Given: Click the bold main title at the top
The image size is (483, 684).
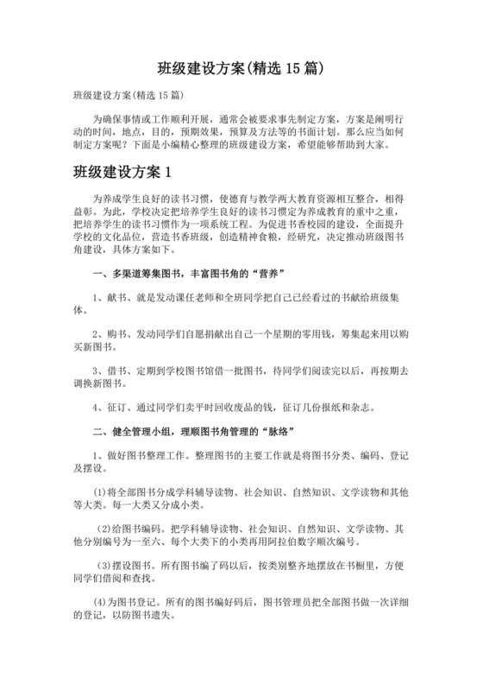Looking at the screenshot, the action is pos(241,66).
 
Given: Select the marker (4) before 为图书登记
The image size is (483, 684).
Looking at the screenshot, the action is pos(102,600).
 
